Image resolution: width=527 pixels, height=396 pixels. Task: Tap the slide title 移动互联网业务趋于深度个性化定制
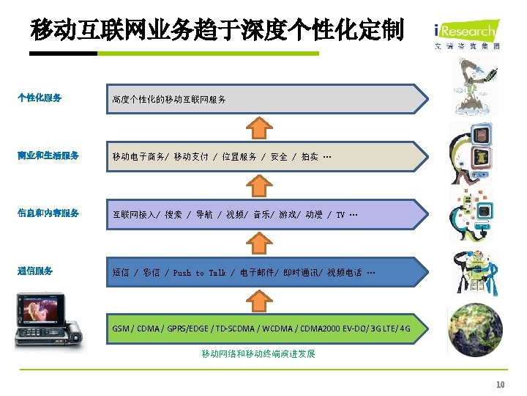(217, 30)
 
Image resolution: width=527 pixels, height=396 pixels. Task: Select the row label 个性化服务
(40, 98)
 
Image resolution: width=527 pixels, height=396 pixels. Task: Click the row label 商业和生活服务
(48, 155)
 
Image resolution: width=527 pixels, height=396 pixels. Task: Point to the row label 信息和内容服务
(48, 213)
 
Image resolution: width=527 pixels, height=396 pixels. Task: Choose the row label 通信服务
(35, 271)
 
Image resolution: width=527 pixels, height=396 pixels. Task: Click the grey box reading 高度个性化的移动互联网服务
(266, 98)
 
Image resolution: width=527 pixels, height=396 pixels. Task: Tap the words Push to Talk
(199, 273)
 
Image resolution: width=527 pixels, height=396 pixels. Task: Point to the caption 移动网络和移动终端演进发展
(258, 354)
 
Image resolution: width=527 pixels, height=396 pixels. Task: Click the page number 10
(501, 384)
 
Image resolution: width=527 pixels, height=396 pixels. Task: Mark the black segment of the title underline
(64, 54)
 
